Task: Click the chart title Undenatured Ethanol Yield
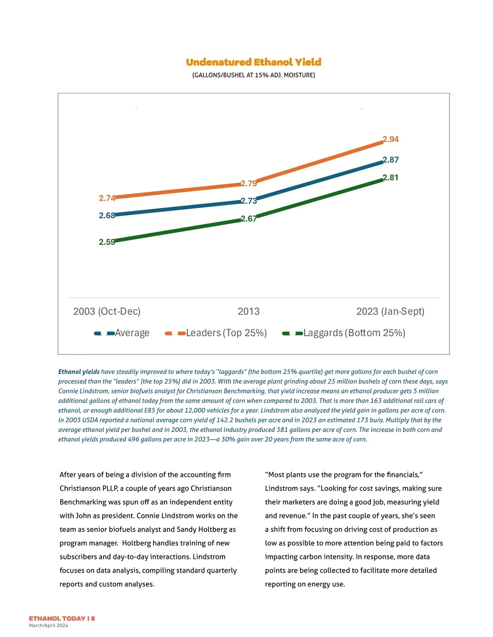pos(253,62)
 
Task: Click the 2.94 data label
pos(391,139)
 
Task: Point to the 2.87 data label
pos(391,160)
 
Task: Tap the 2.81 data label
pos(391,178)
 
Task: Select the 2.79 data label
pos(249,183)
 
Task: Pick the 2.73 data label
pos(249,201)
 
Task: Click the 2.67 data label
pos(249,219)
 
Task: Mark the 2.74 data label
pos(107,198)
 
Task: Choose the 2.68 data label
pos(107,215)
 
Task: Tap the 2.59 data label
pos(107,242)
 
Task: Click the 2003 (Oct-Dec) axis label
pos(107,311)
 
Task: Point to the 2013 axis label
pos(249,311)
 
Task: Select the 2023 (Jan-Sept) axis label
pos(390,311)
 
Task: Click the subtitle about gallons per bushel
pos(253,75)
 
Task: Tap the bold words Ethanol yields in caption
pos(79,372)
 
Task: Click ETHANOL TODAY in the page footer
pos(57,618)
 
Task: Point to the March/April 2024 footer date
pos(48,626)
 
